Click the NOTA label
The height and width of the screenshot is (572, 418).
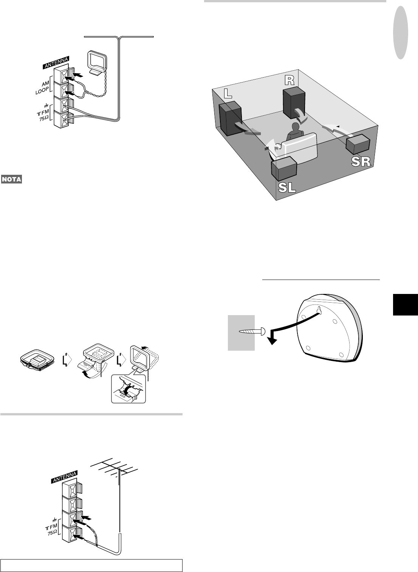11,179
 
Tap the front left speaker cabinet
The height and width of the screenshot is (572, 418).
230,120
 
